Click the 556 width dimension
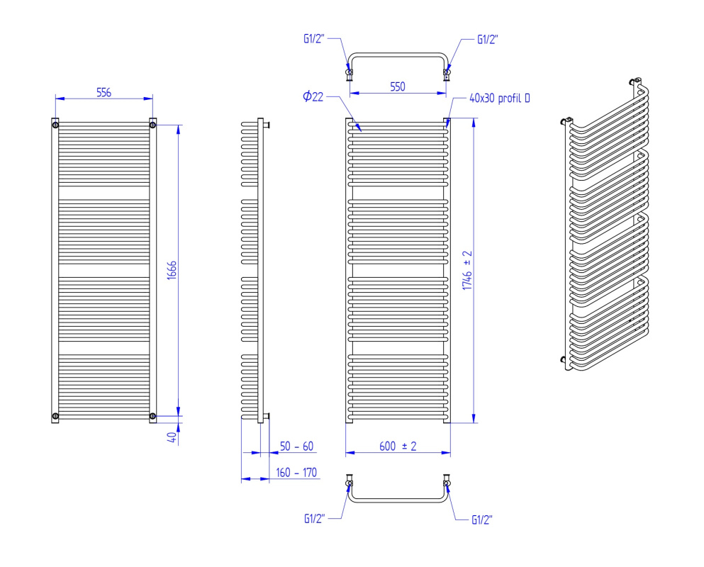click(x=104, y=92)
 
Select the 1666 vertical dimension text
click(x=172, y=270)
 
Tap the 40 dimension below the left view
click(x=172, y=437)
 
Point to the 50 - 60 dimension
click(x=296, y=447)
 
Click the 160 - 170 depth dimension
click(x=296, y=473)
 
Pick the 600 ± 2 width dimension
click(x=398, y=447)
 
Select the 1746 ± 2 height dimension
click(x=467, y=270)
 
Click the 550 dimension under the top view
click(x=398, y=86)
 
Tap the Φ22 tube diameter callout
click(x=313, y=96)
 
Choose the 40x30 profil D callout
click(x=500, y=98)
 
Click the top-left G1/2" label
click(x=314, y=38)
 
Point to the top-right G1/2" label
click(x=488, y=40)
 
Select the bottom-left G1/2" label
click(x=314, y=519)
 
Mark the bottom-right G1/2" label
click(x=482, y=520)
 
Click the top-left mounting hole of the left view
click(x=55, y=125)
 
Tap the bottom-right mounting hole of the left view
click(x=152, y=416)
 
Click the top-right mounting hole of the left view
click(x=152, y=125)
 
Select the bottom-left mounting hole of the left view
click(x=55, y=416)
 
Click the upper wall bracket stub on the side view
click(x=267, y=125)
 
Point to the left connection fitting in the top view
click(x=350, y=73)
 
